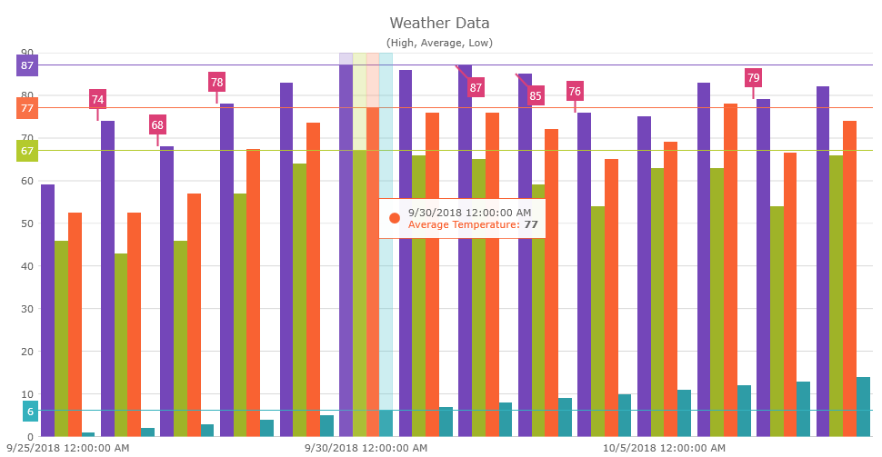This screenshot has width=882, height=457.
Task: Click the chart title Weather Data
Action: click(x=439, y=23)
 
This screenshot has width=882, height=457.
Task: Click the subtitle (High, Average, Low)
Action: click(x=439, y=43)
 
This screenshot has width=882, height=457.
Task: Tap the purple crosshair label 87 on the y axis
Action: click(x=27, y=65)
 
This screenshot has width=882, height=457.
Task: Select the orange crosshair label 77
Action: click(x=27, y=108)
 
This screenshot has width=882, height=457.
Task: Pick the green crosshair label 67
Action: click(x=27, y=151)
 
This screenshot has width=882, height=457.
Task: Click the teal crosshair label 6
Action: click(x=30, y=412)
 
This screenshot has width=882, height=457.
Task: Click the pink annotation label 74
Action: click(x=97, y=100)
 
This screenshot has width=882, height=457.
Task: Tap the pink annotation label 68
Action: click(x=158, y=125)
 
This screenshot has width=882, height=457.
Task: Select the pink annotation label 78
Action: click(x=216, y=83)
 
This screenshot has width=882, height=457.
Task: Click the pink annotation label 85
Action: click(x=535, y=95)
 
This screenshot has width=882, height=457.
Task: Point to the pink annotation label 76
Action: click(x=575, y=91)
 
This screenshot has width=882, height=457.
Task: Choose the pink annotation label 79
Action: click(x=753, y=78)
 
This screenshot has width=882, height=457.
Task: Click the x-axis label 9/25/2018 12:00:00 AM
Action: click(x=68, y=448)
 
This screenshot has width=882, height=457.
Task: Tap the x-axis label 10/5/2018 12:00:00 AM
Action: click(x=664, y=448)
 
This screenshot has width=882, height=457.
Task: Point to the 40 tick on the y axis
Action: click(x=27, y=266)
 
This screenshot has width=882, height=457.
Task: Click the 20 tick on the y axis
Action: click(x=27, y=352)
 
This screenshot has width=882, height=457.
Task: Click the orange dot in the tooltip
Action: click(x=395, y=218)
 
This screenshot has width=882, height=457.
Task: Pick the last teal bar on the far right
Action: click(x=863, y=406)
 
